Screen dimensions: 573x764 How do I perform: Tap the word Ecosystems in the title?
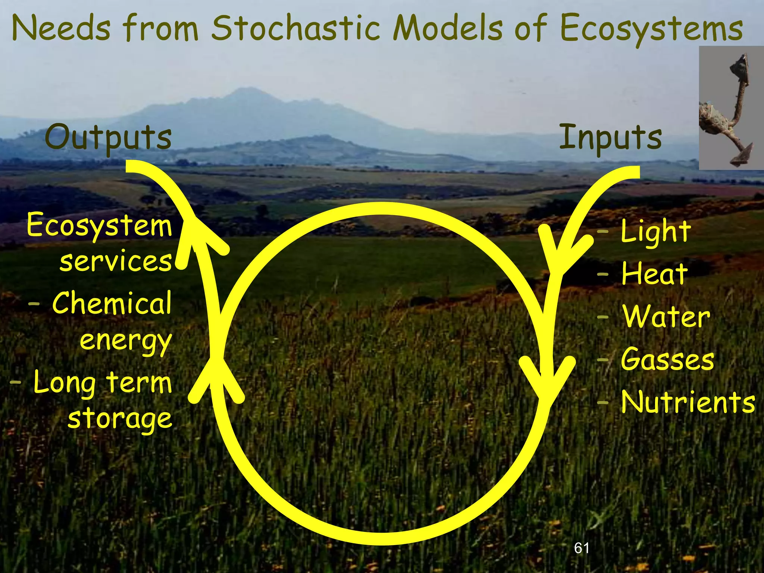point(651,29)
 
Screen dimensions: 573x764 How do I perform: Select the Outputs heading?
point(108,137)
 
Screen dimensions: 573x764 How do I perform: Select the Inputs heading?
point(610,137)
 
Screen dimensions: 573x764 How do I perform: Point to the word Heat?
point(654,274)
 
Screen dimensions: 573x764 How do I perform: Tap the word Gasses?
point(667,360)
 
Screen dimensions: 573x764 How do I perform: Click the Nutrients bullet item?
point(688,402)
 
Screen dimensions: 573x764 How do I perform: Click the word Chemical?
point(112,303)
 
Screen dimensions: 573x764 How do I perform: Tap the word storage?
point(120,419)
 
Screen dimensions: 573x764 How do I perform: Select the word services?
point(116,261)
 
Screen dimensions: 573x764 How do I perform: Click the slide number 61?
point(582,548)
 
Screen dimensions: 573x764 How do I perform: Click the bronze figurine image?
point(731,108)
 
